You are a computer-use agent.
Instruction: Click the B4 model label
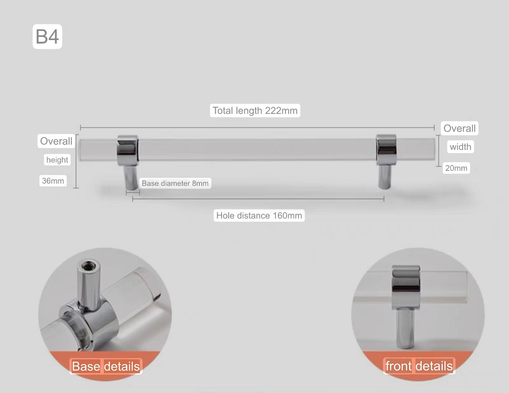pos(47,36)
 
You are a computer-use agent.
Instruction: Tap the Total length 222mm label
pos(255,110)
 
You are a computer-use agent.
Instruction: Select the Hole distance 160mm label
pos(259,215)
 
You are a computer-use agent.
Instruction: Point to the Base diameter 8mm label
pos(175,183)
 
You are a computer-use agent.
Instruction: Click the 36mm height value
pos(53,181)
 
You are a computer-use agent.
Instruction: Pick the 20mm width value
pos(456,168)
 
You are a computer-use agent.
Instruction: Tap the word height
pos(57,160)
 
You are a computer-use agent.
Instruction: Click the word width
pos(461,147)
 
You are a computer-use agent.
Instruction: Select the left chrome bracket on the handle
pos(127,150)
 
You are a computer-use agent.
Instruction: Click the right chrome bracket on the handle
pos(386,150)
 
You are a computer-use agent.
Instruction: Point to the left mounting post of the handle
pos(131,177)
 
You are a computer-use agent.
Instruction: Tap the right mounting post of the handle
pos(385,177)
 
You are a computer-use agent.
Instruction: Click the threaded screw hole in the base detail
pos(89,266)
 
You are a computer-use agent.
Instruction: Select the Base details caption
pos(106,366)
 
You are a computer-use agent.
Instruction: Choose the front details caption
pos(419,366)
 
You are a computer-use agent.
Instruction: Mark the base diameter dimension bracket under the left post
pos(133,193)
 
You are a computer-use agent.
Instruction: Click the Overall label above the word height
pos(56,141)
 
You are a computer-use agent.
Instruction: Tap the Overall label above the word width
pos(459,128)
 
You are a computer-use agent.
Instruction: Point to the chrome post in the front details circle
pos(405,328)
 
